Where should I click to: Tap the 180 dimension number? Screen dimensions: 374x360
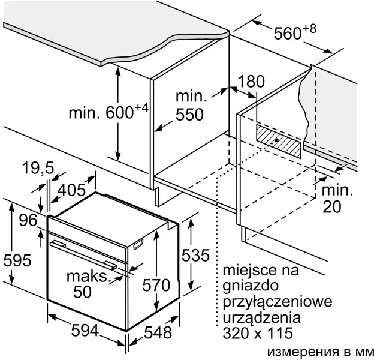pos(251,82)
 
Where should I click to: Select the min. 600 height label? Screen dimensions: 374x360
pos(108,112)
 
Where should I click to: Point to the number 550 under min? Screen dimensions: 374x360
pos(189,115)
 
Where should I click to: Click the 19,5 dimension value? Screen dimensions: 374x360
pos(38,168)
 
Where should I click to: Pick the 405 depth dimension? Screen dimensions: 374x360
pos(71,190)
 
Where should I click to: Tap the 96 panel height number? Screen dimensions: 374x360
pos(28,220)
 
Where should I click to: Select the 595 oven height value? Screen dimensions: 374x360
pos(17,260)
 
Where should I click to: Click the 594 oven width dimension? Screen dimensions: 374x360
pos(85,331)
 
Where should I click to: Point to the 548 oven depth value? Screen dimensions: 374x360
pos(158,332)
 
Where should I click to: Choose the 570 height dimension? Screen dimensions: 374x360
pos(156,285)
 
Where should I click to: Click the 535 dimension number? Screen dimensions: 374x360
pos(195,255)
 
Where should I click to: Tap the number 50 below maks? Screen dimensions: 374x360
pos(82,292)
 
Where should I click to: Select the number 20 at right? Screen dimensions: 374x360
pos(332,207)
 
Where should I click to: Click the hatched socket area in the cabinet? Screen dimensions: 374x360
pos(279,142)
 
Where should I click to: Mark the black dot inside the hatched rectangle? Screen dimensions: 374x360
pos(276,140)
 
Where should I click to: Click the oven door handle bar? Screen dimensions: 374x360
pos(83,256)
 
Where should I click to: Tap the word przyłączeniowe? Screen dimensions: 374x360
pos(278,302)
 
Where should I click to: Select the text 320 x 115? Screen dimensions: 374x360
pos(258,333)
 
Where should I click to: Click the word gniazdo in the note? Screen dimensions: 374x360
pos(251,286)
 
